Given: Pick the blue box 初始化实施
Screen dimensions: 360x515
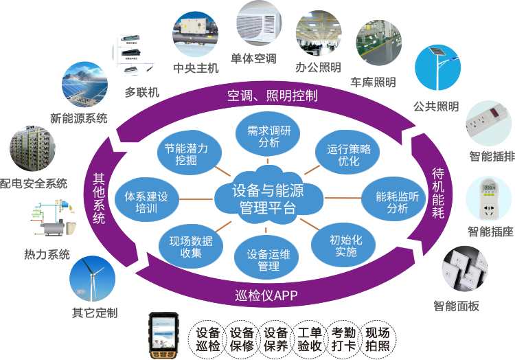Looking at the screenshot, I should (343, 245).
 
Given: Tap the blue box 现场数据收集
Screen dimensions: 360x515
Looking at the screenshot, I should (191, 247).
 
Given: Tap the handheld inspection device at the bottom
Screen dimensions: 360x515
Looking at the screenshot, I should (165, 335).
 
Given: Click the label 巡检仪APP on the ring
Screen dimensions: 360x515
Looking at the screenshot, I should (266, 296).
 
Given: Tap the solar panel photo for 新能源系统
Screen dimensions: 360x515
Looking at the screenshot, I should (84, 84).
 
